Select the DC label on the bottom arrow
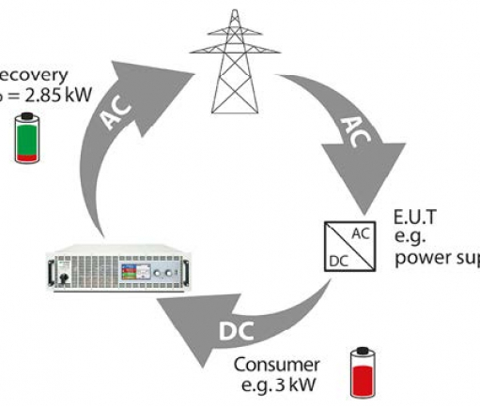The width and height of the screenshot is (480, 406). [242, 331]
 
